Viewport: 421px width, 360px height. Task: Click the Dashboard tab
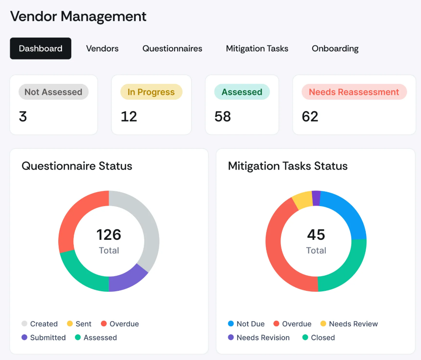point(40,48)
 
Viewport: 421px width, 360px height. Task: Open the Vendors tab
point(102,48)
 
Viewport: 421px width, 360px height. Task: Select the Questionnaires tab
point(172,48)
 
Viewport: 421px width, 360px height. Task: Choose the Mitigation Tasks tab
point(257,48)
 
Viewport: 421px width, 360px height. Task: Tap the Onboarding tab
point(335,48)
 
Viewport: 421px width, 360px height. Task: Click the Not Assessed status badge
point(53,92)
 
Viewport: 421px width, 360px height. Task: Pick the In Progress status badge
point(151,92)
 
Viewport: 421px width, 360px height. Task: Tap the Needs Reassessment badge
point(354,92)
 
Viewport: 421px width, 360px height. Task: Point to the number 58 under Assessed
point(222,116)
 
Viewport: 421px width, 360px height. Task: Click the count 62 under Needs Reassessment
point(310,116)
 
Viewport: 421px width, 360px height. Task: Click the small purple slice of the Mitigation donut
point(316,198)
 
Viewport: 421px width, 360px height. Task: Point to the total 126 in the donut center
point(109,234)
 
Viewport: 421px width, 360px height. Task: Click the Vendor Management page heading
point(78,16)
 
